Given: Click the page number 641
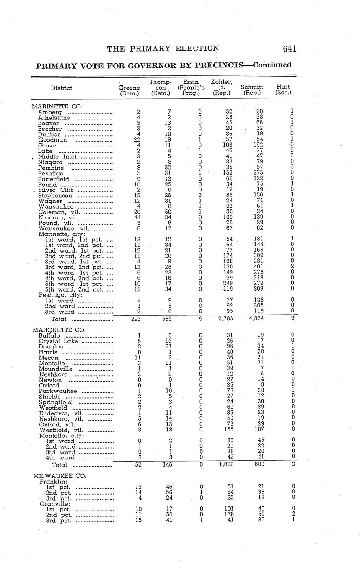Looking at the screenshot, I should [289, 49].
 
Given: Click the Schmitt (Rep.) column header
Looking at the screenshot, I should [252, 90].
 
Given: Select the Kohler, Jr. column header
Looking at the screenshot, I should [222, 87].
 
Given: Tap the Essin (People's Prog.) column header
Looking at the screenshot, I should [191, 87].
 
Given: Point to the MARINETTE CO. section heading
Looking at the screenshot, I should [57, 106].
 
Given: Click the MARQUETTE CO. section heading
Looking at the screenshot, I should [59, 330].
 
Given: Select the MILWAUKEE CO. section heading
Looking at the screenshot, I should [59, 476].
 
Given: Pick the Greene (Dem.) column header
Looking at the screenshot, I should [129, 90].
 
